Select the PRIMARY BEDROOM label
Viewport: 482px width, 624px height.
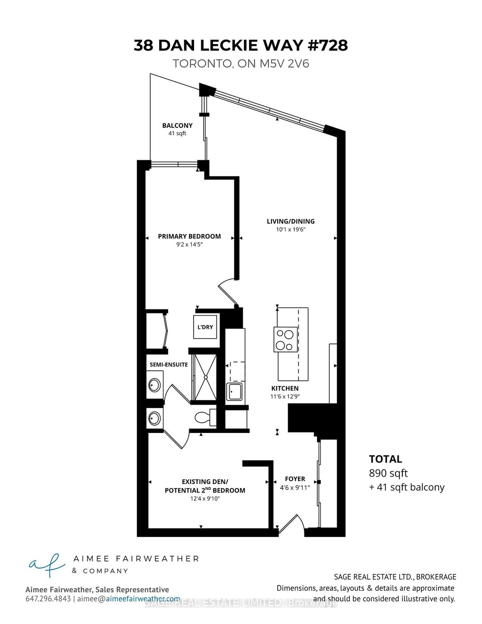tap(189, 236)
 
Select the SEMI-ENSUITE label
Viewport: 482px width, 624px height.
tap(169, 365)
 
